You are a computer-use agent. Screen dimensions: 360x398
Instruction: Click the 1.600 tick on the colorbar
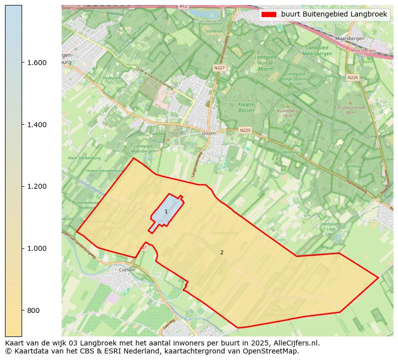(37, 63)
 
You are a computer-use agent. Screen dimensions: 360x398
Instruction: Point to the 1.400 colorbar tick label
(37, 125)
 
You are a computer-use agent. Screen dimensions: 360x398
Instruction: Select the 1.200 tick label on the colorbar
(37, 186)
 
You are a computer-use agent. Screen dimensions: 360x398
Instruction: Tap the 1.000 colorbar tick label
(37, 248)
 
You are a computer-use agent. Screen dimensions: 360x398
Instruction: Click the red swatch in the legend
(269, 15)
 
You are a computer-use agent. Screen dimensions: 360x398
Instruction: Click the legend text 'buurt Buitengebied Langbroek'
(334, 15)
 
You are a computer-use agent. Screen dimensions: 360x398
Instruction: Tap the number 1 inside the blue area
(166, 212)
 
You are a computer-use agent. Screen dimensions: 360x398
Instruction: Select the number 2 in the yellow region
(222, 252)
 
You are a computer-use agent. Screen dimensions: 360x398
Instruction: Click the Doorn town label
(209, 134)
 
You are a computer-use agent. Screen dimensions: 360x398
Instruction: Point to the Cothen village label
(127, 269)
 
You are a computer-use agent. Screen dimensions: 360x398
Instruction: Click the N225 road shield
(245, 130)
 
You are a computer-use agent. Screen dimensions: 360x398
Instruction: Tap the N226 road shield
(352, 77)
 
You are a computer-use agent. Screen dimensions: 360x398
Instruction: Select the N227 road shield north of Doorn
(219, 68)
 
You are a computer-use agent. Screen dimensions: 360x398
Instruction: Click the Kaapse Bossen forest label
(246, 107)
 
